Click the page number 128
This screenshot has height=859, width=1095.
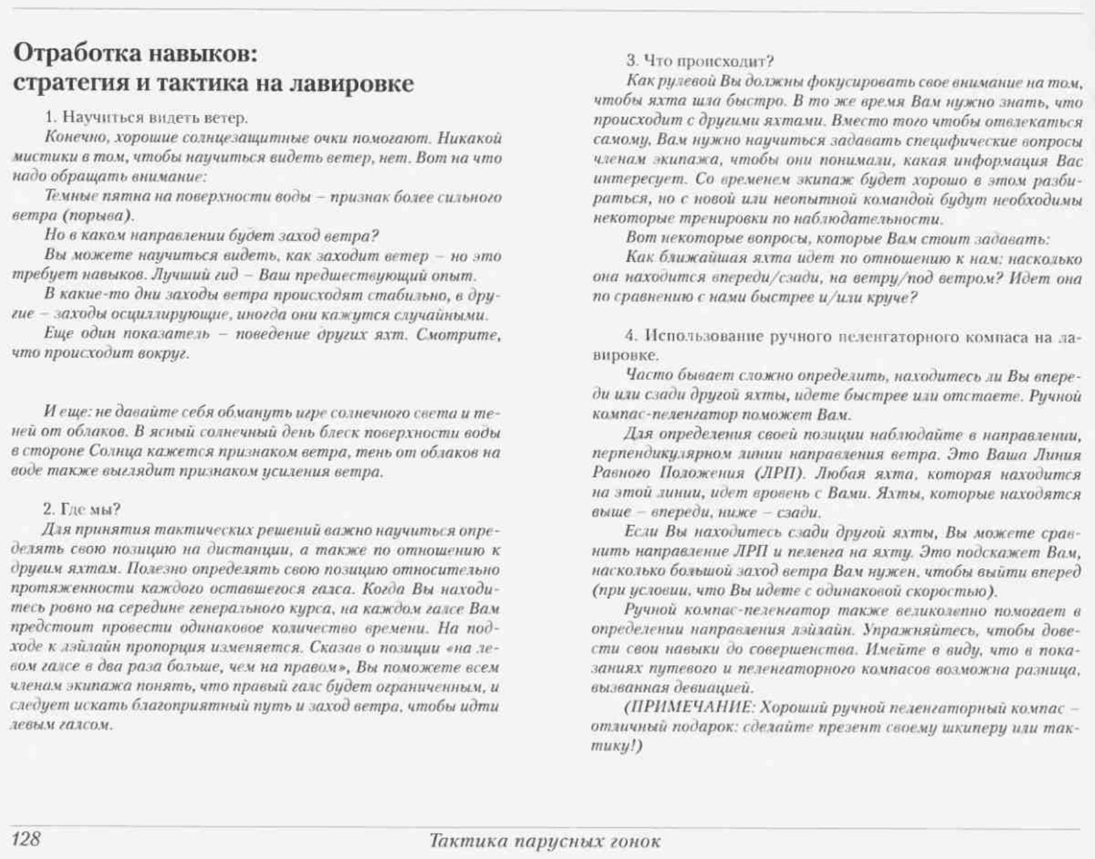tap(26, 839)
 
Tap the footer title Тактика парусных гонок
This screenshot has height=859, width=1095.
tap(545, 841)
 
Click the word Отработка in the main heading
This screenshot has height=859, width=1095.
tap(78, 53)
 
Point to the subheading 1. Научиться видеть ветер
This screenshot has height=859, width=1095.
tap(147, 118)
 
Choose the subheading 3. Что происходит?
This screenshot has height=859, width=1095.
tap(700, 61)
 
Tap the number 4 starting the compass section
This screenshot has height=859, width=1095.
tap(629, 336)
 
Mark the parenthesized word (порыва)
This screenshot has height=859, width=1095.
tap(100, 215)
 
